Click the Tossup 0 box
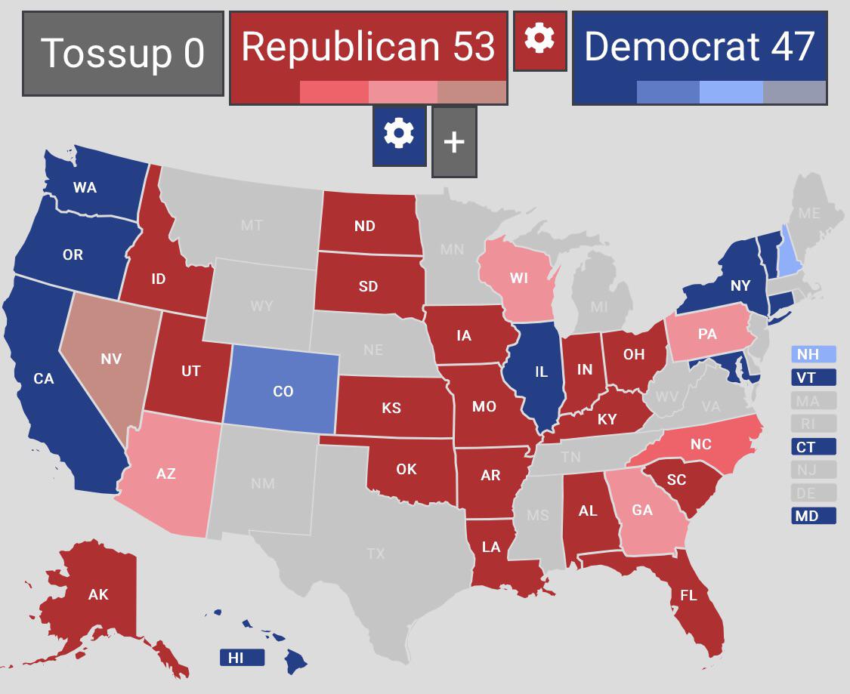click(x=123, y=54)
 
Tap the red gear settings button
click(x=539, y=41)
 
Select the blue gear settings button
click(x=399, y=136)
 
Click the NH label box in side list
click(x=813, y=354)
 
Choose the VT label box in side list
click(x=813, y=378)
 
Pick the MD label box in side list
click(x=813, y=517)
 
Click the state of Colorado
click(x=283, y=391)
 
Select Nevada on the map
click(x=110, y=359)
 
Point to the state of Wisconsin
click(x=518, y=278)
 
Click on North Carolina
click(x=700, y=444)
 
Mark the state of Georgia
click(x=642, y=510)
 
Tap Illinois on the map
click(x=540, y=372)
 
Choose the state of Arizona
click(x=166, y=473)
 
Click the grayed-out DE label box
click(x=813, y=493)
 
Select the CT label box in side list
click(x=813, y=447)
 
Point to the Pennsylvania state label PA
click(x=707, y=333)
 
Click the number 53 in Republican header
click(x=474, y=47)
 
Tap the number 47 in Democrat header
click(x=793, y=47)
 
